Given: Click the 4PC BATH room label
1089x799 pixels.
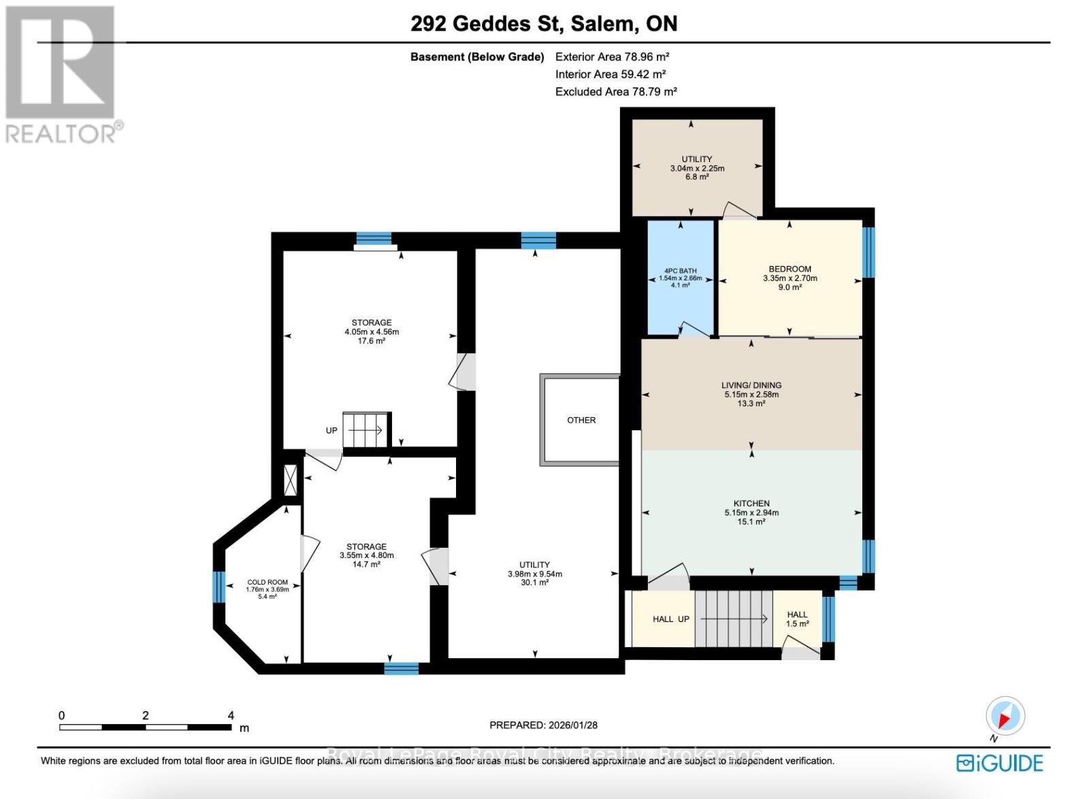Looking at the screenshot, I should pos(680,271).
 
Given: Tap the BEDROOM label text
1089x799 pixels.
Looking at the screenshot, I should pos(790,269).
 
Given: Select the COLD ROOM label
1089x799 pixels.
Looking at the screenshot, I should pos(267,583).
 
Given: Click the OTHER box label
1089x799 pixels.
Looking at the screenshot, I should pos(581,420).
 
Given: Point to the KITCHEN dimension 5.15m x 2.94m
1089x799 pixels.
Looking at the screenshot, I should pos(751,512).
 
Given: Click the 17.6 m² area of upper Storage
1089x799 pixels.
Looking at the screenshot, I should pos(372,341).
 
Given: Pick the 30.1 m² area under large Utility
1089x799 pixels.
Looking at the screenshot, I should pos(534,583).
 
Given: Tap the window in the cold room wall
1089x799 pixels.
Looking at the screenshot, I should pos(218,587).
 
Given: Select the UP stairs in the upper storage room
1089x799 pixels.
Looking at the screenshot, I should pos(365,430).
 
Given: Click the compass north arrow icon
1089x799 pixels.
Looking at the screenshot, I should pos(1005,717).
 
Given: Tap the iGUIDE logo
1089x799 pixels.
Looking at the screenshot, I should pos(999,763).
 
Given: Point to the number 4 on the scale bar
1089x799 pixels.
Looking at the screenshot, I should pos(231,715).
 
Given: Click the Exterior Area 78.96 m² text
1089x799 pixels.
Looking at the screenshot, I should pos(612,57).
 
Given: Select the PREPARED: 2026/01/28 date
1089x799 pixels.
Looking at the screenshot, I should pos(543,725).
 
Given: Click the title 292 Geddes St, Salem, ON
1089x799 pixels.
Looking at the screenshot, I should pos(544,24).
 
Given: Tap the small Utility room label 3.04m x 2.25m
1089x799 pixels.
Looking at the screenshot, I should pos(697,168).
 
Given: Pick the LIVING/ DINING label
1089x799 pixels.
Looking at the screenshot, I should pos(751,385).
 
